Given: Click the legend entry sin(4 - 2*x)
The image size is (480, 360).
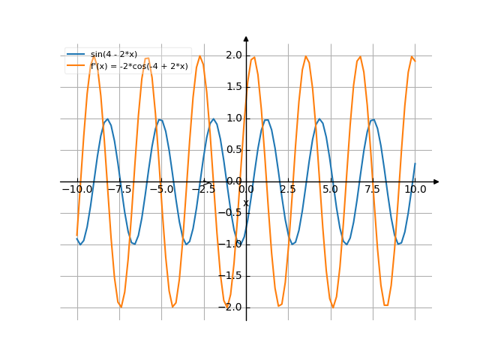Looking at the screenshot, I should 113,55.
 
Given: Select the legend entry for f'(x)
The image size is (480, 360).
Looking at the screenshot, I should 139,66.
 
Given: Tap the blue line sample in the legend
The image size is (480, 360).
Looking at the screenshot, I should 76,55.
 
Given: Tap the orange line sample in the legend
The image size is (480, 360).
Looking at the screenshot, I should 76,66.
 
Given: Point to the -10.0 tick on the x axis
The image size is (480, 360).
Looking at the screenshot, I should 77,190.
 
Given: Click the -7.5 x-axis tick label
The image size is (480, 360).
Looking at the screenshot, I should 119,190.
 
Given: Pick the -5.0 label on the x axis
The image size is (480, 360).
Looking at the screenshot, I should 161,190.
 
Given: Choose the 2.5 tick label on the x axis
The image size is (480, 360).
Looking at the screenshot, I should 288,190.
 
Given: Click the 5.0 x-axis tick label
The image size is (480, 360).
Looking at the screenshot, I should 330,190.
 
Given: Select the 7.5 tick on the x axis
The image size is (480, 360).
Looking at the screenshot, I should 373,190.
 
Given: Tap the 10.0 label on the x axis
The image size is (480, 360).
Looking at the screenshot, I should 415,190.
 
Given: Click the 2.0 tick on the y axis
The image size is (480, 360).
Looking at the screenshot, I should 233,55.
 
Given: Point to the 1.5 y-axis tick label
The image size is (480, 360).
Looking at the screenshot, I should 233,87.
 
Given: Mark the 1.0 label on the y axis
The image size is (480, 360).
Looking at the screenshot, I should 233,118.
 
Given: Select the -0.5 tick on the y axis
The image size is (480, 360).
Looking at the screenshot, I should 231,213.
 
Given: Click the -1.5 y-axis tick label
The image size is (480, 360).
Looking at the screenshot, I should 231,276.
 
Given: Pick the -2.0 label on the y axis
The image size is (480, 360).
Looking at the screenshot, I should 231,307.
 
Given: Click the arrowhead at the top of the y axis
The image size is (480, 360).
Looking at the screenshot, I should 246,37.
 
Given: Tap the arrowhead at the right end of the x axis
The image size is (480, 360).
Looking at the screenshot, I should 436,181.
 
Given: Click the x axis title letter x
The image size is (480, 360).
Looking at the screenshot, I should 245,203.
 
